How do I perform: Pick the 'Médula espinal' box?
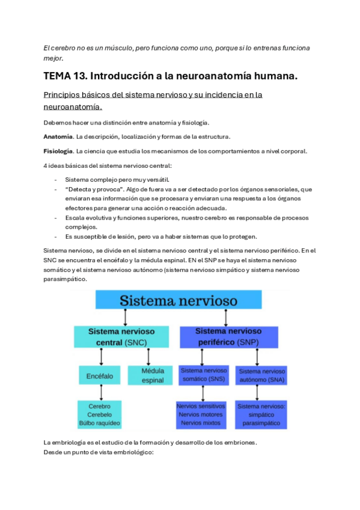pos(152,375)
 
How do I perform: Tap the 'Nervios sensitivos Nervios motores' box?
pos(201,414)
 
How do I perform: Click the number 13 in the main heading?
pos(78,76)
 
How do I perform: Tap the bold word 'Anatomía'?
pos(58,137)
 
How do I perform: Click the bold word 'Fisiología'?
pos(59,150)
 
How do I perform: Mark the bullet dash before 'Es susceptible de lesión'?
pos(56,236)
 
